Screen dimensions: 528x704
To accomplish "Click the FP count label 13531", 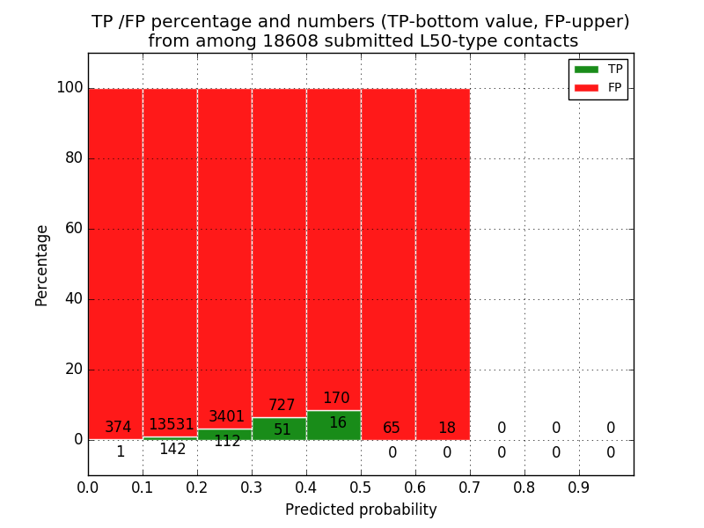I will [171, 425].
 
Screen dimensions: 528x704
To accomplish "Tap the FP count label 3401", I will [226, 417].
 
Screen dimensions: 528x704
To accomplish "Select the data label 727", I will [282, 406].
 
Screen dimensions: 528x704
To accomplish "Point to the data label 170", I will [336, 399].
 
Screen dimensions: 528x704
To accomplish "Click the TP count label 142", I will [172, 450].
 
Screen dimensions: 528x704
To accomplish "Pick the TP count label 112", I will [227, 442].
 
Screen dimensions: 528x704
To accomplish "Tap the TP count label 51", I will [282, 430].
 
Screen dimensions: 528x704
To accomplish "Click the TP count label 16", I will [337, 423].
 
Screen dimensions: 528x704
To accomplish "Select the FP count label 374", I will [118, 428].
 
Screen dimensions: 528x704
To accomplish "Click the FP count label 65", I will [392, 429].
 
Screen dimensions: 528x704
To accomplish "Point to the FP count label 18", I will [446, 429].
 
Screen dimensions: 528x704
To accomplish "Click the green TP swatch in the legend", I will [585, 70].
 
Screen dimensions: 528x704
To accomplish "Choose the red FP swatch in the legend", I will [585, 88].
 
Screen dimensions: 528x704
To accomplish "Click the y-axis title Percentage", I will [41, 265].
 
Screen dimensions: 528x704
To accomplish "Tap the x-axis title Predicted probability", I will [361, 510].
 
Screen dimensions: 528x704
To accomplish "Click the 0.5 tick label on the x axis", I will [361, 487].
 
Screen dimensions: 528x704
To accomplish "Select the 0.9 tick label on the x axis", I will [579, 487].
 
